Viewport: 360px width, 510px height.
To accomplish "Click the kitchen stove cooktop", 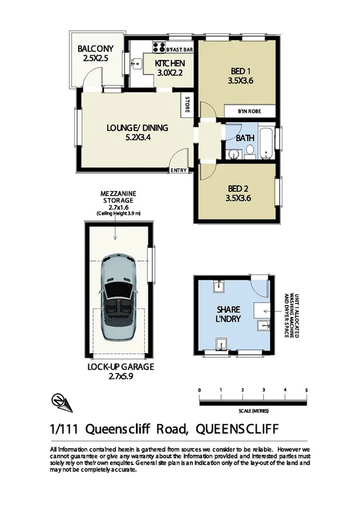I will click(x=159, y=45).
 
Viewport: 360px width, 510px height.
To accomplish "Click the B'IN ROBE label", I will click(x=249, y=112).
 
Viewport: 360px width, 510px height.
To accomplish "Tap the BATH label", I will click(x=245, y=138).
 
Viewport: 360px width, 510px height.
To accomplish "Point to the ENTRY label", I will click(x=178, y=170).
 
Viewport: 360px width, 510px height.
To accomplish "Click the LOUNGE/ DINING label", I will click(x=137, y=127).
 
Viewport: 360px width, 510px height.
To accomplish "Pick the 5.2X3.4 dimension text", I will click(x=137, y=137).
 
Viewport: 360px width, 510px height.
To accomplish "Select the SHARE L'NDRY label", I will click(x=228, y=314).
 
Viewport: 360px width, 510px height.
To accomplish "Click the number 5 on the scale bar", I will click(x=307, y=391).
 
